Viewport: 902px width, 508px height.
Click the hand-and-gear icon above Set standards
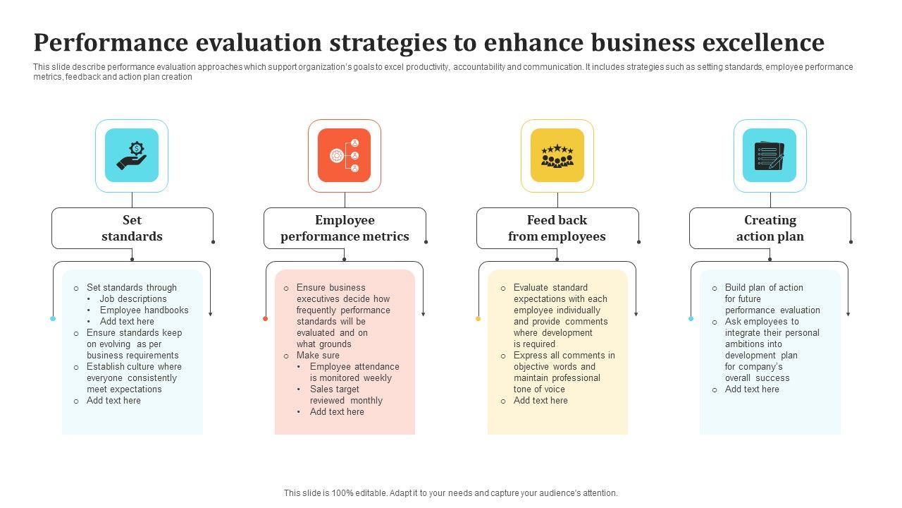132,155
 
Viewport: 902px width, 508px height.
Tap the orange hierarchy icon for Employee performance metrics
344,155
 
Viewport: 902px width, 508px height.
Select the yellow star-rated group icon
557,155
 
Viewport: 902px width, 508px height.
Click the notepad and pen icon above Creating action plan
770,155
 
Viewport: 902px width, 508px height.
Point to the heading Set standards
132,228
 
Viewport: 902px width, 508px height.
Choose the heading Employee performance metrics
345,228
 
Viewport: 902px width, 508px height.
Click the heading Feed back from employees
557,228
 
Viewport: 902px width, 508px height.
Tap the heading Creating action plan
770,228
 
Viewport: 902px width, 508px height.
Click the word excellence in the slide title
762,43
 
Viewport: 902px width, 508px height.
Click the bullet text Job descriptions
133,298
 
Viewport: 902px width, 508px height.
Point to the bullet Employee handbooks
144,310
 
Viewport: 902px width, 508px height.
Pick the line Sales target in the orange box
335,389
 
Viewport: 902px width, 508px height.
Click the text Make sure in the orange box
318,355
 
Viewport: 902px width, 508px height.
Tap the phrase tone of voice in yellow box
539,389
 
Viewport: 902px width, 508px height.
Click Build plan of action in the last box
764,287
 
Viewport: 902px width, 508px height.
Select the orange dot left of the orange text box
265,319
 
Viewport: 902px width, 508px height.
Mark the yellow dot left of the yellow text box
478,319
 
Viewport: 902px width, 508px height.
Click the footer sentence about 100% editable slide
450,493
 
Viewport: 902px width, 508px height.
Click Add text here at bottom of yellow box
540,400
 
